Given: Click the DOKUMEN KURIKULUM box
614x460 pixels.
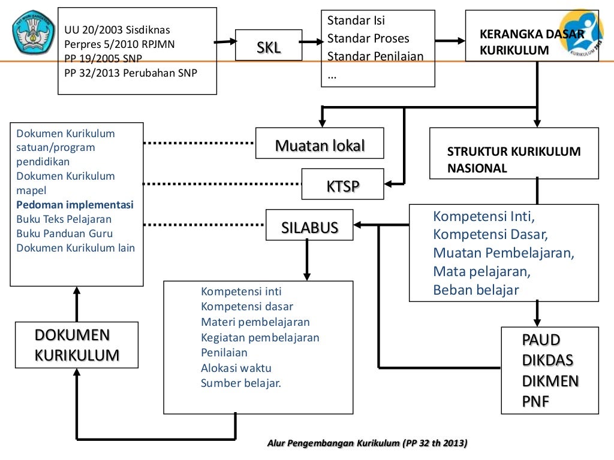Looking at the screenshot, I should point(76,345).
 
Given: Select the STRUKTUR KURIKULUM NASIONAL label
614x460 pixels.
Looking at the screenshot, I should point(513,159).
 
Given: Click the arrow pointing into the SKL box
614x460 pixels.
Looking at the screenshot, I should point(225,42).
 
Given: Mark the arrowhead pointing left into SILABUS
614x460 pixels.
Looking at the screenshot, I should point(359,225).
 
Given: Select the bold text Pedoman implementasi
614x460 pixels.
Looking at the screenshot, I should point(75,205).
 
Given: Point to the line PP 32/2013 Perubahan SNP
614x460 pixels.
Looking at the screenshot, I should point(131,74).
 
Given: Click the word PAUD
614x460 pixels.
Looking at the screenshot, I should point(541,340).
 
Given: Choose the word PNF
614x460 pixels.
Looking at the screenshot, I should point(535,401).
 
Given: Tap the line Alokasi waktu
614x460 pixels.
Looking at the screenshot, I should point(236,368).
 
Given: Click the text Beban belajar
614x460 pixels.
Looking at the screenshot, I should point(476,290).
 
